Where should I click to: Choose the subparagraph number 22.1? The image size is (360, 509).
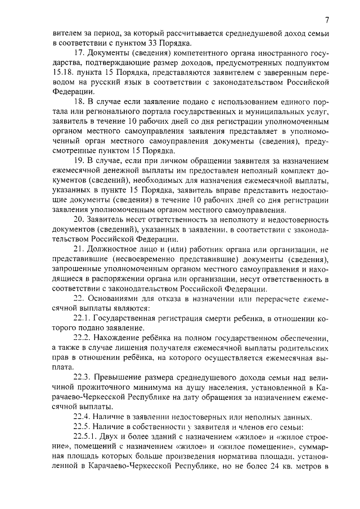pos(82,318)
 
